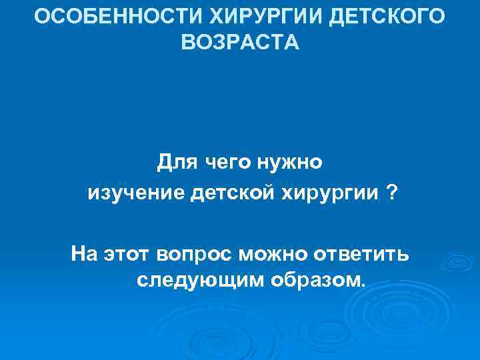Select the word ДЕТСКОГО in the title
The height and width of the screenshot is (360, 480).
click(x=387, y=16)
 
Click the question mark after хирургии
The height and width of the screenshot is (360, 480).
click(x=390, y=193)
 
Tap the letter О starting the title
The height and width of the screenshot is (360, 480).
click(x=41, y=16)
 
